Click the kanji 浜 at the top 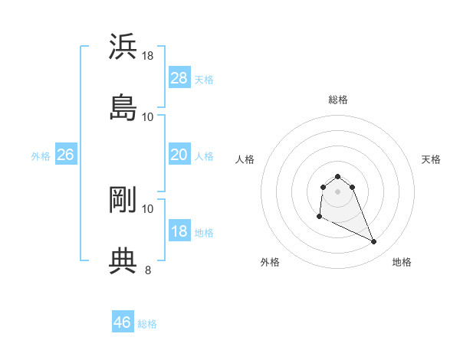pyautogui.click(x=123, y=46)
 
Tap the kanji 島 pyautogui.click(x=123, y=108)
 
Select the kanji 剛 pyautogui.click(x=123, y=199)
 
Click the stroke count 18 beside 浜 pyautogui.click(x=149, y=55)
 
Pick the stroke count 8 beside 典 pyautogui.click(x=148, y=270)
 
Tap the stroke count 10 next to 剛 pyautogui.click(x=148, y=208)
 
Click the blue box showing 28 pyautogui.click(x=179, y=78)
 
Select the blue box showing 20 pyautogui.click(x=179, y=155)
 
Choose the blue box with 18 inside pyautogui.click(x=179, y=231)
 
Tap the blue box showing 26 pyautogui.click(x=66, y=155)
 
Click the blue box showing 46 pyautogui.click(x=123, y=322)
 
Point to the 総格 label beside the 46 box pyautogui.click(x=147, y=324)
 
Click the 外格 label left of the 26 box pyautogui.click(x=41, y=156)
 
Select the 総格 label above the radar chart pyautogui.click(x=338, y=100)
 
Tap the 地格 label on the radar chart pyautogui.click(x=402, y=263)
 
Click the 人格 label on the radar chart pyautogui.click(x=245, y=159)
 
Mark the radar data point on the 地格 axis pyautogui.click(x=374, y=242)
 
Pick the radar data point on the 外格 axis pyautogui.click(x=319, y=218)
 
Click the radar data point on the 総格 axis pyautogui.click(x=337, y=175)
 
